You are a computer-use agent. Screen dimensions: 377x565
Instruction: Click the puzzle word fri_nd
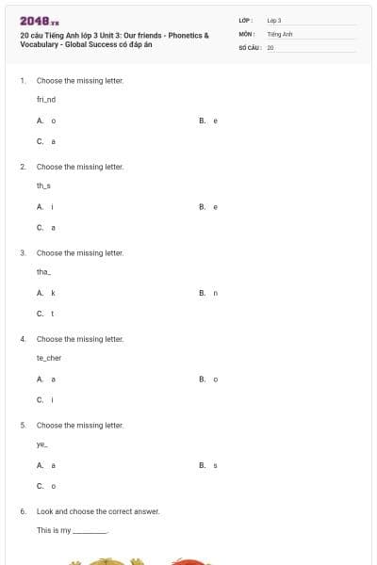46,99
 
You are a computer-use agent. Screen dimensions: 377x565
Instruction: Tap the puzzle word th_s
44,186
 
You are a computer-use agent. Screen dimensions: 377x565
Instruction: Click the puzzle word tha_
44,271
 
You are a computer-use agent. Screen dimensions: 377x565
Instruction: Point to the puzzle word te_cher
48,358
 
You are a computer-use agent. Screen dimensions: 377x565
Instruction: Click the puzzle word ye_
42,444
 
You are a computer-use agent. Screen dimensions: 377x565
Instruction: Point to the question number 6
23,511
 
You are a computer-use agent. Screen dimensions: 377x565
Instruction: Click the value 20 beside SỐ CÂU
270,46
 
